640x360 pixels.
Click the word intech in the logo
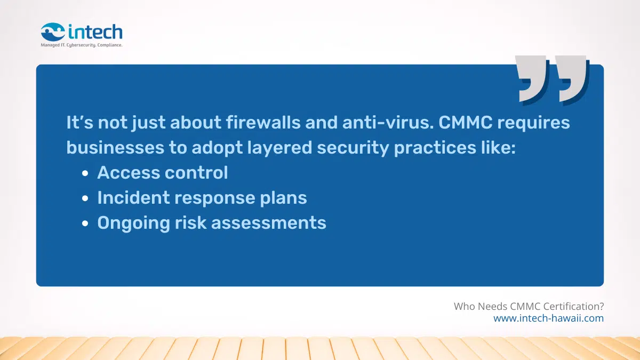pyautogui.click(x=95, y=31)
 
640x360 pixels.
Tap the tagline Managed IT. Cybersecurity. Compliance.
pyautogui.click(x=82, y=45)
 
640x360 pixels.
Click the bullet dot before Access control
pyautogui.click(x=85, y=174)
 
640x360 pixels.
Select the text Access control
pyautogui.click(x=163, y=173)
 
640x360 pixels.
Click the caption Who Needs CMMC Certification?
pyautogui.click(x=529, y=307)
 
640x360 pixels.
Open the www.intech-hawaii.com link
pyautogui.click(x=548, y=318)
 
